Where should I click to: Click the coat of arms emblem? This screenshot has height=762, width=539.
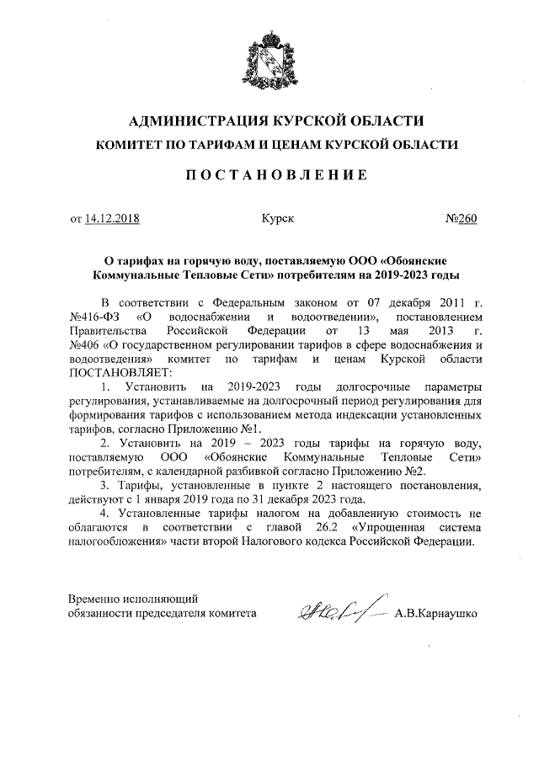[x=270, y=61]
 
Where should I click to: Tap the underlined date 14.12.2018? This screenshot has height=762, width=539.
[x=112, y=219]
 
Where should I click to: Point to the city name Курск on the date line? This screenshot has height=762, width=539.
[x=278, y=219]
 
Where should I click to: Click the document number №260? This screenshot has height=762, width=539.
[x=461, y=219]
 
